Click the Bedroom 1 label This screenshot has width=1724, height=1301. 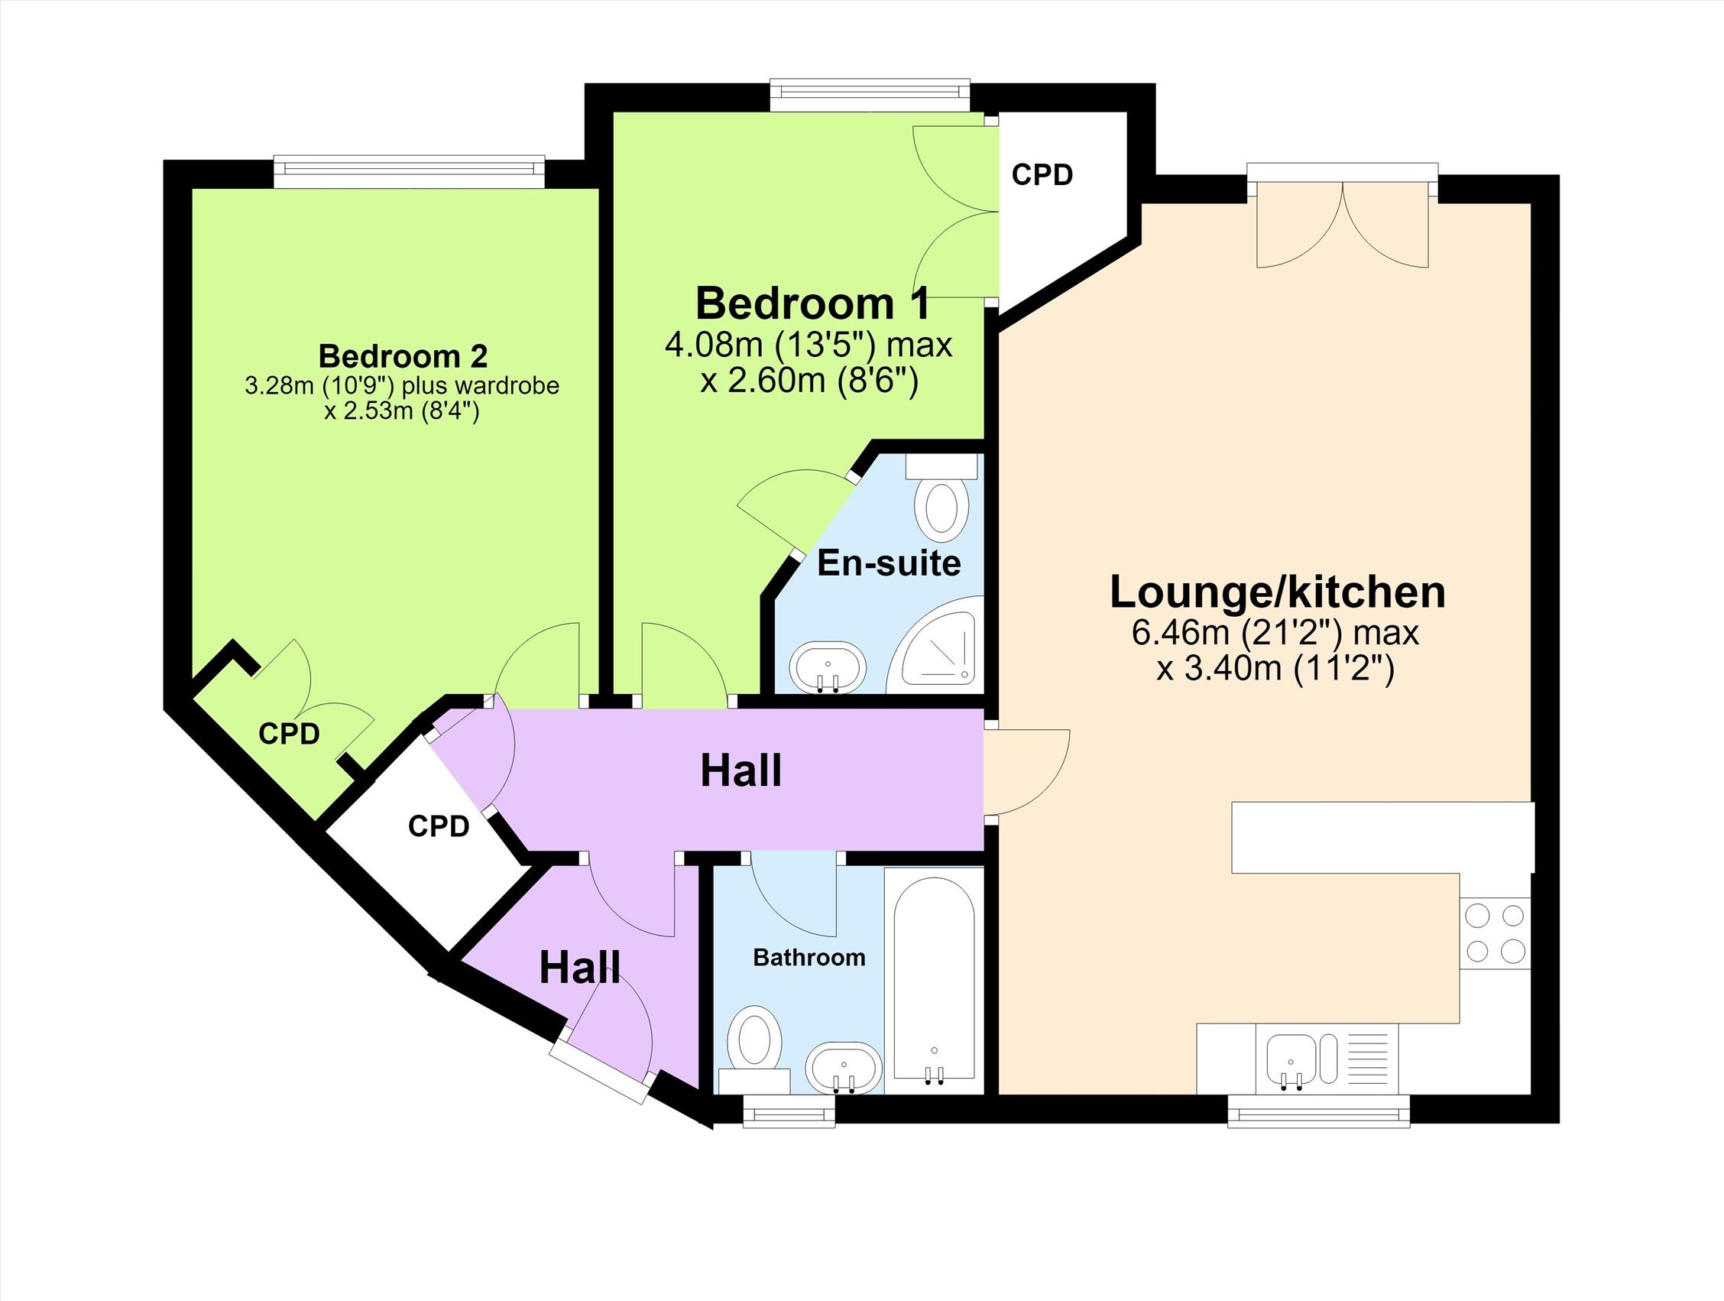[x=812, y=303]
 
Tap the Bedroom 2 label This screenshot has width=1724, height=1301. [x=403, y=356]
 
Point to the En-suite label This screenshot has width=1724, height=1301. [x=889, y=563]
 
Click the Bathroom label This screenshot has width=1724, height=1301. [x=809, y=957]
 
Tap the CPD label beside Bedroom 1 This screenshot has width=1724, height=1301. [x=1042, y=175]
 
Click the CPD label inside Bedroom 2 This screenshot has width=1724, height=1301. [x=289, y=734]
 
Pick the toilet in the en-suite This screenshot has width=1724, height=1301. [x=942, y=498]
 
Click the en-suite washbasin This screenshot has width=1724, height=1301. [x=827, y=667]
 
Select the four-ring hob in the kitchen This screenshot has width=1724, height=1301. [x=1495, y=933]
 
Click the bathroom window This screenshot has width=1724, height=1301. [x=789, y=1111]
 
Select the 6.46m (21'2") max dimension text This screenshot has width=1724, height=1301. [x=1276, y=633]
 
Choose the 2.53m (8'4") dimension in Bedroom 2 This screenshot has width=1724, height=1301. [x=401, y=410]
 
